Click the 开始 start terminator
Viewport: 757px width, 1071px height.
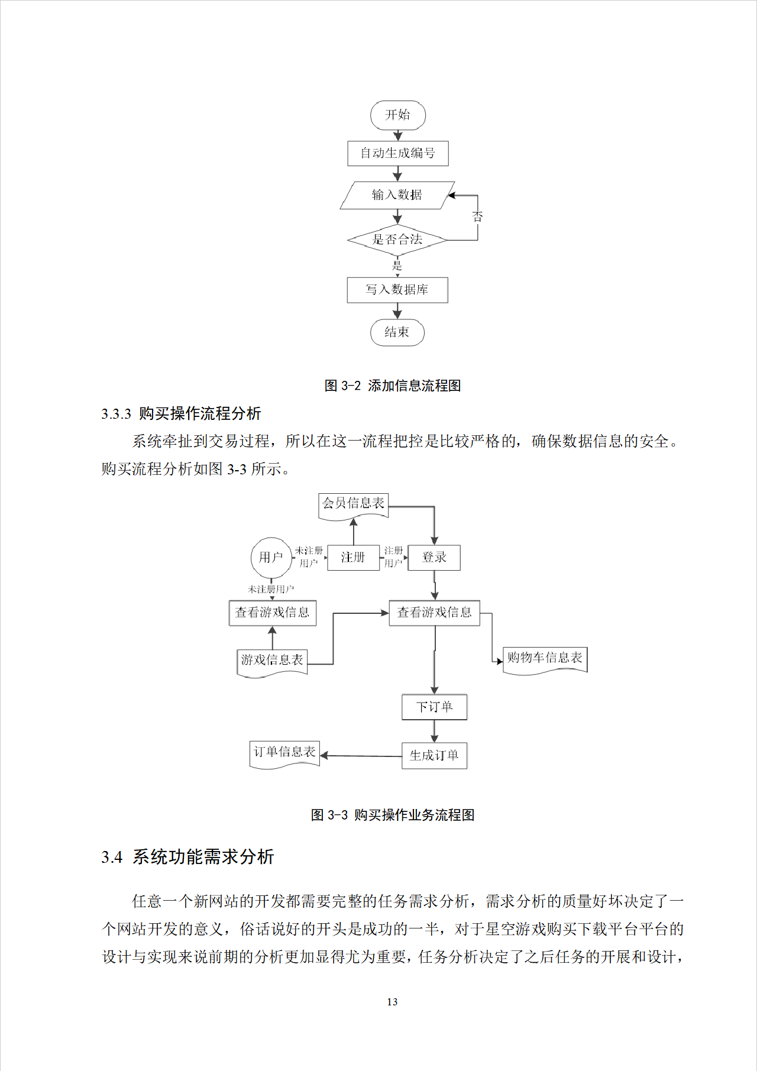[397, 115]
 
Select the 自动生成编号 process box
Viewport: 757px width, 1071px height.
[397, 153]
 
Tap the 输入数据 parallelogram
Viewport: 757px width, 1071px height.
[397, 195]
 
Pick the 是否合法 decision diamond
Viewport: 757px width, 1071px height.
[397, 240]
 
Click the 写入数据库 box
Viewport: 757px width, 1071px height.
[397, 290]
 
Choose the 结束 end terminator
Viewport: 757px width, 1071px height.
[397, 332]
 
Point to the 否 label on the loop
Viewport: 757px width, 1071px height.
[477, 216]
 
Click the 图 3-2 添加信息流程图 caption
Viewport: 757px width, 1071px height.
[393, 386]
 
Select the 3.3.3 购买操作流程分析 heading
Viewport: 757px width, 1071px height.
[181, 413]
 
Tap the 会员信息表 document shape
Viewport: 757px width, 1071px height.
[353, 504]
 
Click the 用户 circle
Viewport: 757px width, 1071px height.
[271, 557]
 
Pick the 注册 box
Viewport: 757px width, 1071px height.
[353, 557]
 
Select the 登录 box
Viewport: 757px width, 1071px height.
[434, 557]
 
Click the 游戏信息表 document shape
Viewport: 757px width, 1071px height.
[272, 661]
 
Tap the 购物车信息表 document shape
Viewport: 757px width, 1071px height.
[545, 658]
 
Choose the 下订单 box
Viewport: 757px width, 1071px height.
[434, 707]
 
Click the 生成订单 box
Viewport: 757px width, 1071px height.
[434, 755]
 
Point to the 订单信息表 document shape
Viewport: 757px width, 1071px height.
[284, 753]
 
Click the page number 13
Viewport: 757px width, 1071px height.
[392, 1002]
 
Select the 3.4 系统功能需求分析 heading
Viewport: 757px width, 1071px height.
[187, 857]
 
